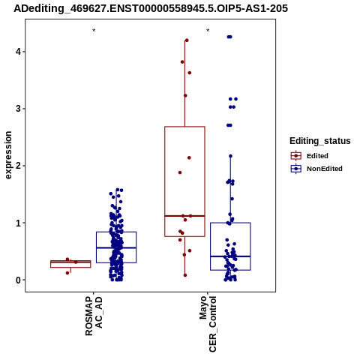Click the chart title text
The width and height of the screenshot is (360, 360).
pyautogui.click(x=151, y=8)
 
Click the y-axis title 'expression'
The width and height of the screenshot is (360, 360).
pyautogui.click(x=8, y=155)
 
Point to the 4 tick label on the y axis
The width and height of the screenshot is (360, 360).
pyautogui.click(x=18, y=52)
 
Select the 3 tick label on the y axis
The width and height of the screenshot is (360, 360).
pyautogui.click(x=18, y=109)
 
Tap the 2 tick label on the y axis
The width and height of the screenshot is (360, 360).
pyautogui.click(x=18, y=166)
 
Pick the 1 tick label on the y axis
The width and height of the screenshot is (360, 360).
pyautogui.click(x=18, y=223)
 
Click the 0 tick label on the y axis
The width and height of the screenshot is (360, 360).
pyautogui.click(x=18, y=280)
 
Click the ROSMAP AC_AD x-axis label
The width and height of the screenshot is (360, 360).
pyautogui.click(x=94, y=316)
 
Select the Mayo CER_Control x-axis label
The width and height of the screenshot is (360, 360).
pyautogui.click(x=208, y=324)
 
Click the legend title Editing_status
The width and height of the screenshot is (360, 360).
pyautogui.click(x=320, y=141)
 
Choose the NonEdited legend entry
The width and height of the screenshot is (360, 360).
pyautogui.click(x=316, y=169)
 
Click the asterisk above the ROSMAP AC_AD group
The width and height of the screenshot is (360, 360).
pyautogui.click(x=94, y=31)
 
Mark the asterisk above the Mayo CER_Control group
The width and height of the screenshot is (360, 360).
pyautogui.click(x=208, y=31)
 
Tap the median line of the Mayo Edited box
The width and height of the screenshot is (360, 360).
pyautogui.click(x=184, y=216)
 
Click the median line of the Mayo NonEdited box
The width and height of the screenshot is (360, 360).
pyautogui.click(x=230, y=256)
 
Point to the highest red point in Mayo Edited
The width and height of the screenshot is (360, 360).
pyautogui.click(x=187, y=40)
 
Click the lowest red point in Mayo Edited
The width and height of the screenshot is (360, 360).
pyautogui.click(x=185, y=275)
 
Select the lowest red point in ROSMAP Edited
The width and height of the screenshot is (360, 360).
pyautogui.click(x=67, y=273)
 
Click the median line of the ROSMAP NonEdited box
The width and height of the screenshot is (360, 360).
pyautogui.click(x=116, y=247)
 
